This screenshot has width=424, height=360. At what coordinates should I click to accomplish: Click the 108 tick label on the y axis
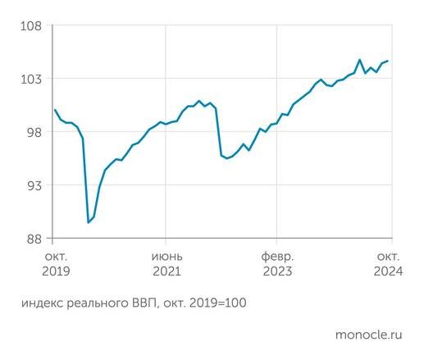point(30,25)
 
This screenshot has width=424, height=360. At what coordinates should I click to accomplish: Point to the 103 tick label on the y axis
point(30,79)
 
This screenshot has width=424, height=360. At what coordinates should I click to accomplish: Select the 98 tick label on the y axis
point(32,132)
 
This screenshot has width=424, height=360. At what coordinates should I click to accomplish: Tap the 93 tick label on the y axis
point(32,185)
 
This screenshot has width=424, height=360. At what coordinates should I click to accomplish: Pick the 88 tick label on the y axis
point(32,239)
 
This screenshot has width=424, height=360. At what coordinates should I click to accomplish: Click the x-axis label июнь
point(166,255)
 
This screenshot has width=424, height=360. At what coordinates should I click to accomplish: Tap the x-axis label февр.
point(277,255)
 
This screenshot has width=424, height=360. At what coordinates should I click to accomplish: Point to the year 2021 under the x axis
point(166,271)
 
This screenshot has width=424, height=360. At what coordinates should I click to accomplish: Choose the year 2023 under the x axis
point(277,271)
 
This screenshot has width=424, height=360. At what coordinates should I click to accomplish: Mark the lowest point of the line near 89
point(89,222)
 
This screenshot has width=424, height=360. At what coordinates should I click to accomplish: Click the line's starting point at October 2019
point(54,110)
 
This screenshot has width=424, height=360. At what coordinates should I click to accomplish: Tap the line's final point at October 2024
point(388,61)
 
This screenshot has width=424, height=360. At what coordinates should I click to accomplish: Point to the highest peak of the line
point(360,59)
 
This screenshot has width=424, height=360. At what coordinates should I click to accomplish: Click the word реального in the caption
point(101,303)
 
